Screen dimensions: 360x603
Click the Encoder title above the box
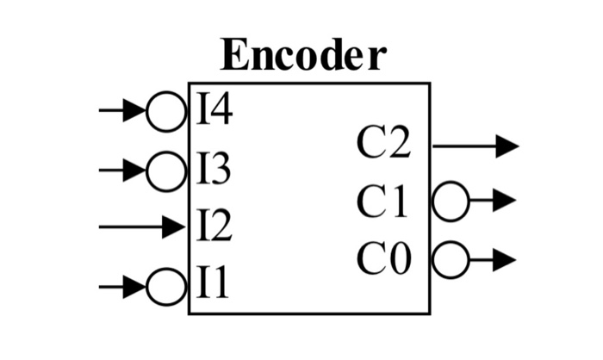(x=303, y=55)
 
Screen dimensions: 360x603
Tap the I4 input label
(x=214, y=111)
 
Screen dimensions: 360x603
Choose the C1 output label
(x=383, y=202)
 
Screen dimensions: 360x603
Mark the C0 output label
(x=383, y=258)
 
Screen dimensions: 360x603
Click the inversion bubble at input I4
(x=165, y=111)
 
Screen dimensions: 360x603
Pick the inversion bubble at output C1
(x=451, y=202)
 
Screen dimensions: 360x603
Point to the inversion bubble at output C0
(x=451, y=258)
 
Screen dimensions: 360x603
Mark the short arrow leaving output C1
(x=493, y=202)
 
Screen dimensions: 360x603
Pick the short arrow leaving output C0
(x=493, y=258)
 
